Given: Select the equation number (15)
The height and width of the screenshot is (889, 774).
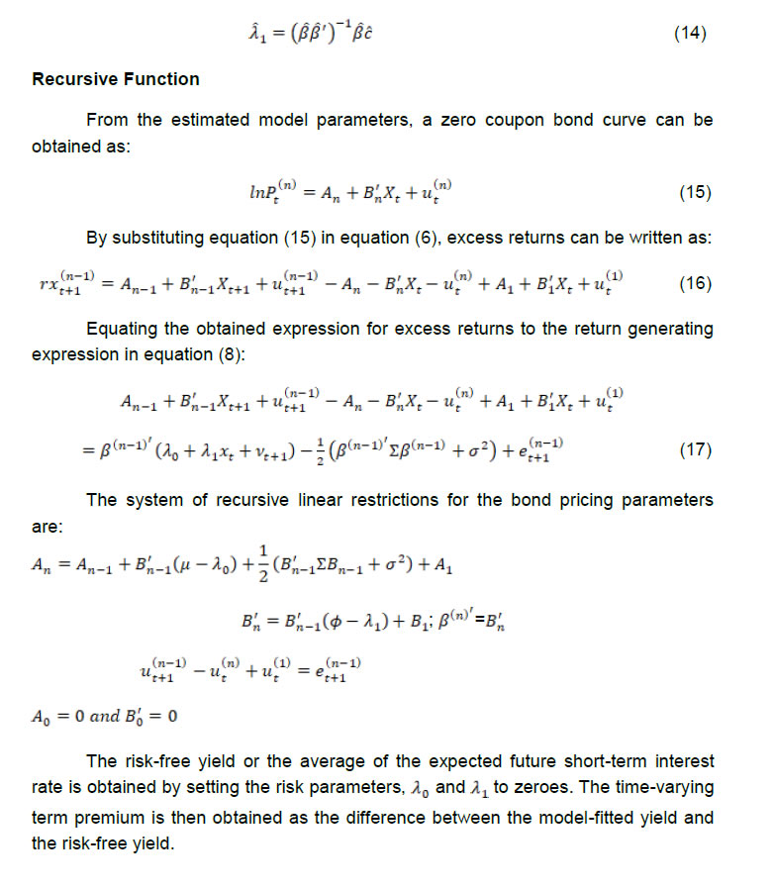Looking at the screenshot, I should pyautogui.click(x=695, y=191).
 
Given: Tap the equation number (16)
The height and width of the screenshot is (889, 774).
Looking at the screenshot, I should pyautogui.click(x=695, y=283).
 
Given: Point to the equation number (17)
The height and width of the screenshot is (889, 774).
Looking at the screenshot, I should pyautogui.click(x=695, y=450).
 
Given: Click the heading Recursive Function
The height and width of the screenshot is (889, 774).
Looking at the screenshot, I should pyautogui.click(x=116, y=79).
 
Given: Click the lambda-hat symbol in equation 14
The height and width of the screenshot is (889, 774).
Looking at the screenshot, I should pyautogui.click(x=253, y=34).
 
